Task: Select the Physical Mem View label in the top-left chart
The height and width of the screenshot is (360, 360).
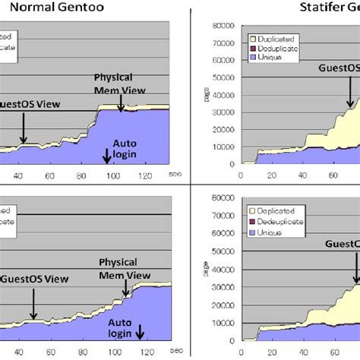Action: pos(116,84)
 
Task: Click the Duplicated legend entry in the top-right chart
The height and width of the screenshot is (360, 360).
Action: pos(277,37)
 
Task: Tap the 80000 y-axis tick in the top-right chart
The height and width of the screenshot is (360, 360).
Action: pos(223,26)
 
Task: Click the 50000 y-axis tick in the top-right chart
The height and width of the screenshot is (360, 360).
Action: pos(223,77)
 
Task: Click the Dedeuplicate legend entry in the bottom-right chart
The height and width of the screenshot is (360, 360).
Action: pos(281,223)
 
